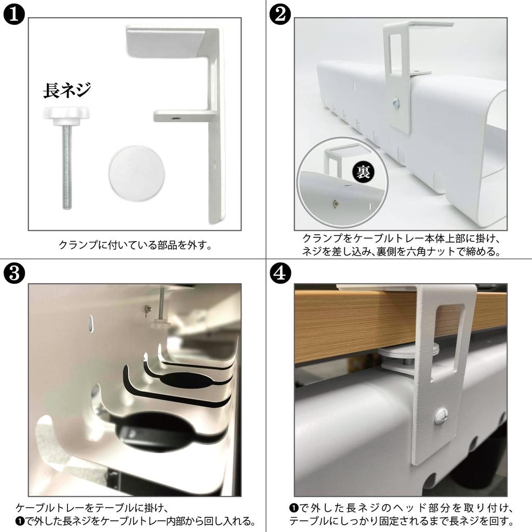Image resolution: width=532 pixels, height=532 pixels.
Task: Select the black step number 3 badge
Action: pos(14,273)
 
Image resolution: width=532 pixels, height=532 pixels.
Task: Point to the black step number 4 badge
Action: pos(280,273)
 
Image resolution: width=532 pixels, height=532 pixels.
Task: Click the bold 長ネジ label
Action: pos(67,90)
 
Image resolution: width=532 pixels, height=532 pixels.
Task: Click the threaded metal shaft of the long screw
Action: pos(67,166)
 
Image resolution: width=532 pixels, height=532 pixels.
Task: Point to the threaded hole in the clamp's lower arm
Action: pos(176,119)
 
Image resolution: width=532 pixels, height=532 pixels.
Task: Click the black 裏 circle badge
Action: pos(363,172)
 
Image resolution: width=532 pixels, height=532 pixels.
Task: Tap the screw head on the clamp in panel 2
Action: pos(396,102)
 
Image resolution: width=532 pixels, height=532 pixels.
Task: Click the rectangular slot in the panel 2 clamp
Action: pos(395,53)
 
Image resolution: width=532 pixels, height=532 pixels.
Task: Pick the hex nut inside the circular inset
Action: pos(336,204)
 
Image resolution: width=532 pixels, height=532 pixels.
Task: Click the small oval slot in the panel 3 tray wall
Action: pos(91,324)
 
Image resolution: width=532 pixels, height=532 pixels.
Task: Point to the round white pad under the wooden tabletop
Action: pos(407,352)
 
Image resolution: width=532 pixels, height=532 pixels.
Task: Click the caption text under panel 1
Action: pos(136,245)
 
